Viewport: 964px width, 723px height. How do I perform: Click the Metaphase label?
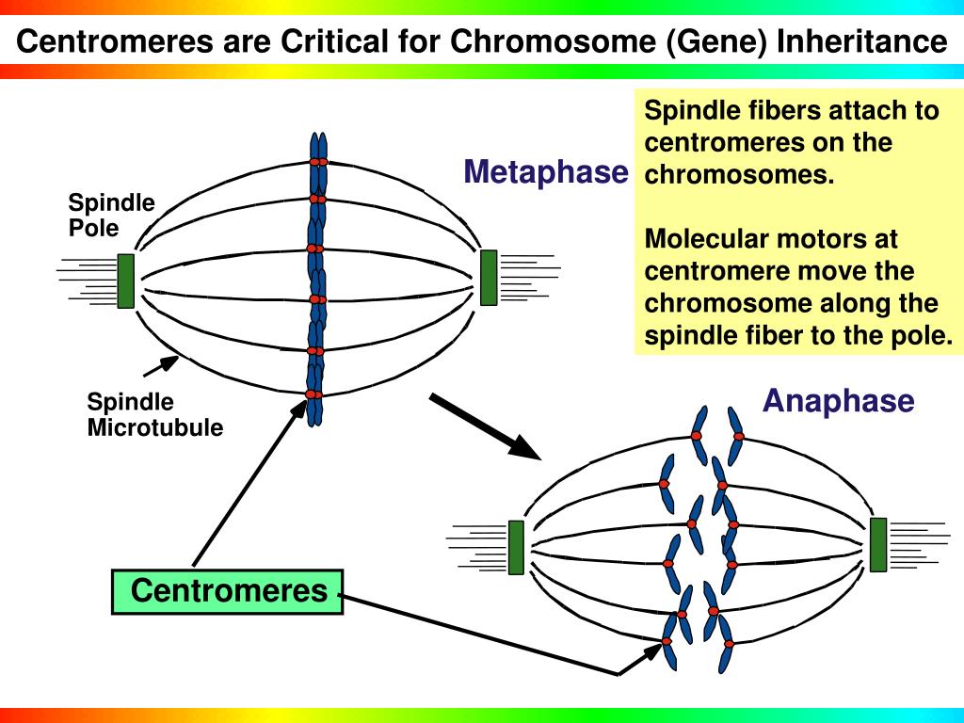coord(546,171)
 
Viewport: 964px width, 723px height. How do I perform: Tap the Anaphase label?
coord(839,401)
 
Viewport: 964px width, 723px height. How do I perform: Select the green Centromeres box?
coord(228,591)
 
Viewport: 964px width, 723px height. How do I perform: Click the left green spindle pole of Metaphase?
coord(125,281)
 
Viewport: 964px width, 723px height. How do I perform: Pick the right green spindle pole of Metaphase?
coord(489,278)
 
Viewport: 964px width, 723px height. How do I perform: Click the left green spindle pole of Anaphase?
coord(517,547)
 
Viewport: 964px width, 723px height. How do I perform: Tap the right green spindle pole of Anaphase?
coord(878,545)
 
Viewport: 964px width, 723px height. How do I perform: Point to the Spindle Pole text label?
coord(111,216)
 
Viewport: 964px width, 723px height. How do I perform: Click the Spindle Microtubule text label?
coord(155,414)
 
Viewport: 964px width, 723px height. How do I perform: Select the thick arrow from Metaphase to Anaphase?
coord(485,426)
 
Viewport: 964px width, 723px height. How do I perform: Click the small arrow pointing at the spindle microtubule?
coord(161,366)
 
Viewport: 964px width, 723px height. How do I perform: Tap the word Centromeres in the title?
coord(114,41)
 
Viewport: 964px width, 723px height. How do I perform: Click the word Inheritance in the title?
coord(862,41)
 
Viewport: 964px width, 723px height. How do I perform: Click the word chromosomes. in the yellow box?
coord(740,174)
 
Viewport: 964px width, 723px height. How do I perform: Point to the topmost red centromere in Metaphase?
coord(318,162)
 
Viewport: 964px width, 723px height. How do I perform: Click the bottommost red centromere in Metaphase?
coord(313,394)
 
